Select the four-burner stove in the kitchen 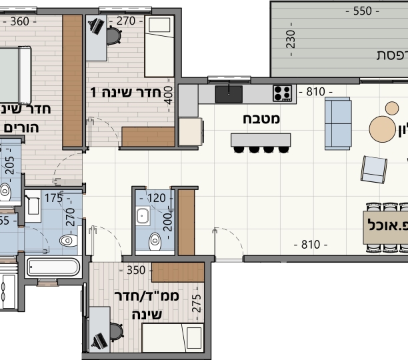click(282, 93)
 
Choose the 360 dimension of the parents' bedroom click(20, 21)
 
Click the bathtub click(53, 269)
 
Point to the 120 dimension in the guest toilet click(155, 197)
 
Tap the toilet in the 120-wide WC click(156, 239)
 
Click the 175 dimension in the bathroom click(54, 197)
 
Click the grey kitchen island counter click(261, 140)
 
